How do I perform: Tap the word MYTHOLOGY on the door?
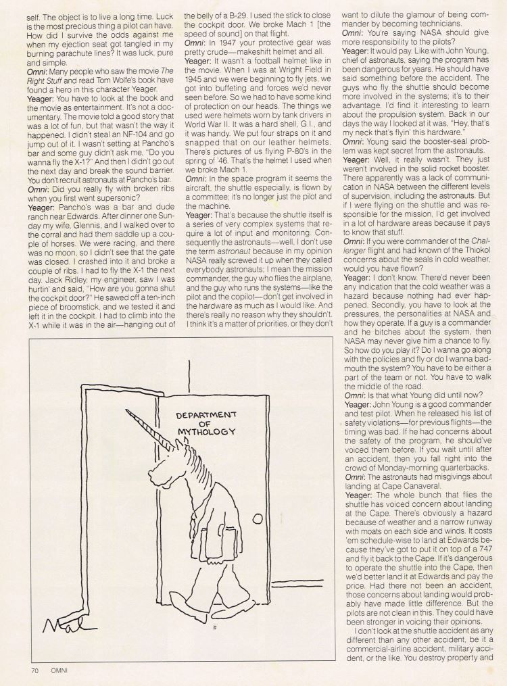coord(206,431)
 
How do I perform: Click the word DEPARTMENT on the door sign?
coord(206,414)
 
